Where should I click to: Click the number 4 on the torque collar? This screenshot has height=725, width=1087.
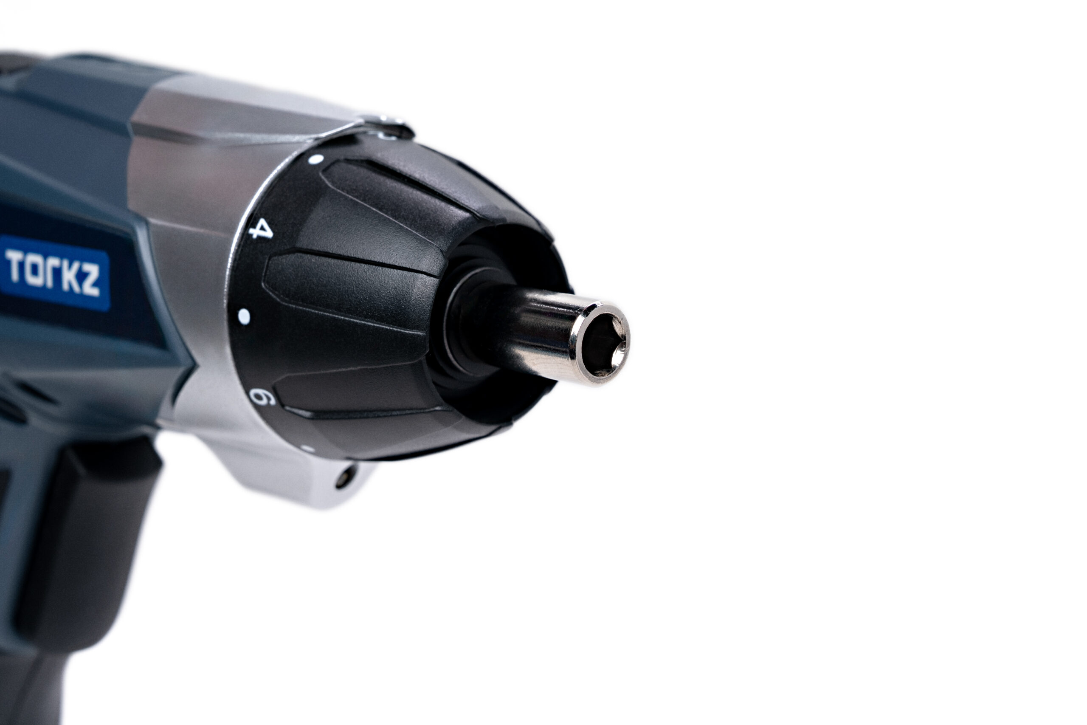tap(262, 229)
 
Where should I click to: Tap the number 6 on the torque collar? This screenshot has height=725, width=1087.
tap(262, 397)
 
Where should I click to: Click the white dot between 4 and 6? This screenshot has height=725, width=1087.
tap(244, 317)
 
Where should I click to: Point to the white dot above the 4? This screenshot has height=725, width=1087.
tap(315, 159)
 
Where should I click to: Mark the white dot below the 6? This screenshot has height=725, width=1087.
tap(307, 448)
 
